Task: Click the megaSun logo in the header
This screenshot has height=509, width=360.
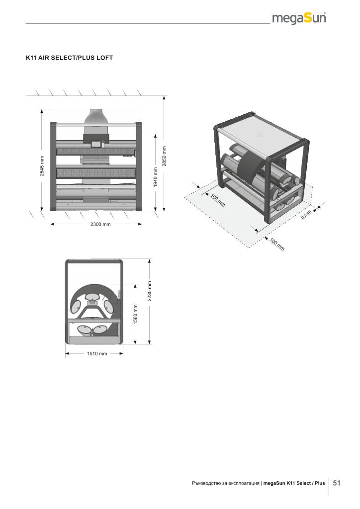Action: pos(299,18)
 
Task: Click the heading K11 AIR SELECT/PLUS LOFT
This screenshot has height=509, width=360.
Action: pos(69,58)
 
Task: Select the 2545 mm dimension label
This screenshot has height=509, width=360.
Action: pos(42,166)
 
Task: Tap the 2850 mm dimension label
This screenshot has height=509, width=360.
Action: pos(164,156)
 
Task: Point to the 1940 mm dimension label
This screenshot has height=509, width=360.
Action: pos(155,177)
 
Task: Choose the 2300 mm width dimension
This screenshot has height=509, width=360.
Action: pos(100,224)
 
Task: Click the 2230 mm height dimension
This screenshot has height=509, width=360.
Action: pos(150,291)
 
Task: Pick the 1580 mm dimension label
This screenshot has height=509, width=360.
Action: pos(136,314)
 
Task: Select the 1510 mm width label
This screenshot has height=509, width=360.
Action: pos(97,354)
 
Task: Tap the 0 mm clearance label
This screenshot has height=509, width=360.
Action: pos(306,215)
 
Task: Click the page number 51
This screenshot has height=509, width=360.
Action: pos(337,483)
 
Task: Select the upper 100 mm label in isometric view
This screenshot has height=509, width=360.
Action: pos(218,200)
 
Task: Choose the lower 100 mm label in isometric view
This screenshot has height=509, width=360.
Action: pos(277,244)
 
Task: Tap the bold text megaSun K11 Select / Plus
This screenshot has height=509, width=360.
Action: pos(294,483)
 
